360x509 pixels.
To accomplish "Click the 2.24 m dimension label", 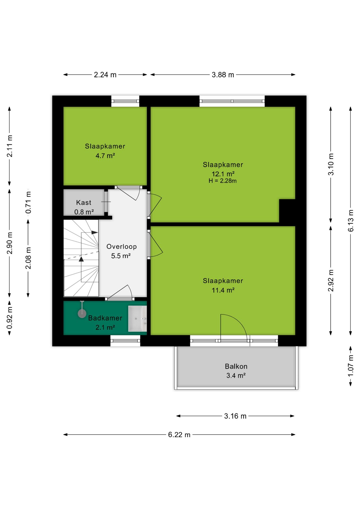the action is pyautogui.click(x=105, y=75).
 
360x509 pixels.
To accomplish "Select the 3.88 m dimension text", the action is pyautogui.click(x=223, y=75).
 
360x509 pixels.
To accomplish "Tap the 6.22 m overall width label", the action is pyautogui.click(x=179, y=435).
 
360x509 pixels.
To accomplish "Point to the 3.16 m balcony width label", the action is pyautogui.click(x=235, y=416).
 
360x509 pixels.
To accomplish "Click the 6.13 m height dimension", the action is pyautogui.click(x=351, y=221).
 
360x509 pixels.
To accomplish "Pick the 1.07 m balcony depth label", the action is pyautogui.click(x=351, y=366).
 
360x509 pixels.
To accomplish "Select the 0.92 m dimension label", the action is pyautogui.click(x=10, y=318).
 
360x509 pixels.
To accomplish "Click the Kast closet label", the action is pyautogui.click(x=84, y=203).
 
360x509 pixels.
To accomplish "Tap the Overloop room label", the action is pyautogui.click(x=122, y=247).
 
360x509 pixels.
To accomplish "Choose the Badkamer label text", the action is pyautogui.click(x=105, y=318).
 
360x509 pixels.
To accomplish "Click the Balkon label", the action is pyautogui.click(x=236, y=366).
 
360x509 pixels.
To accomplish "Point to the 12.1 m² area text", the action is pyautogui.click(x=223, y=174).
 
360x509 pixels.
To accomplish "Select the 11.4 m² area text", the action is pyautogui.click(x=223, y=290).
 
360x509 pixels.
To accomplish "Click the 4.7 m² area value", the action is pyautogui.click(x=105, y=156).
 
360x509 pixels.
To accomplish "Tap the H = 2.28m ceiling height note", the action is pyautogui.click(x=223, y=181).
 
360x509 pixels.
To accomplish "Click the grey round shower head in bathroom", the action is pyautogui.click(x=82, y=314).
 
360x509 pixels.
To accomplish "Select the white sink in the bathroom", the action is pyautogui.click(x=137, y=319).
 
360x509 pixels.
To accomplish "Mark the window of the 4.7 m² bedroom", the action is pyautogui.click(x=125, y=101).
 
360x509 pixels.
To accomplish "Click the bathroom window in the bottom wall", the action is pyautogui.click(x=125, y=341).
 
